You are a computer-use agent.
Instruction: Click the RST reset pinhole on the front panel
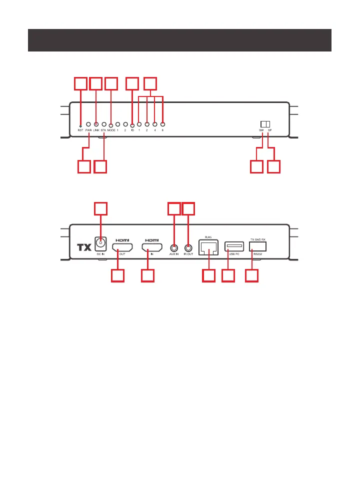80,124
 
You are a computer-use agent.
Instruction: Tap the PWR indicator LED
88,124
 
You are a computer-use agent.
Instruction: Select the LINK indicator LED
96,123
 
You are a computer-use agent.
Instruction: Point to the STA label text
103,130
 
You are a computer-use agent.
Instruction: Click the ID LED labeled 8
163,123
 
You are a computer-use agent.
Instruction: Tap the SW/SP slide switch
264,123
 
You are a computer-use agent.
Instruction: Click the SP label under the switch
269,130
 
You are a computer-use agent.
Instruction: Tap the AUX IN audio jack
173,247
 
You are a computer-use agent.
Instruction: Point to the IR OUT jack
188,247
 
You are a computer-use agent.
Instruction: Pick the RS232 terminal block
257,246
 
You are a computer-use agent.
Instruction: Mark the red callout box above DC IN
101,209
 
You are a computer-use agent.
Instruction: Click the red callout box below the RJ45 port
209,276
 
